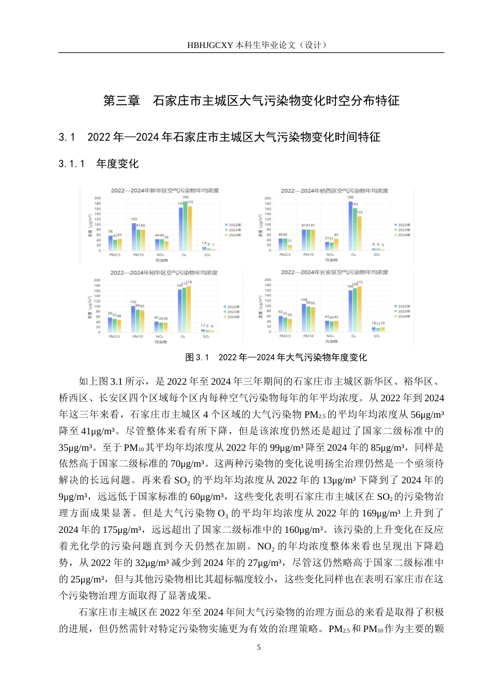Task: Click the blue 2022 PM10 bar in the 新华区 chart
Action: pos(133,237)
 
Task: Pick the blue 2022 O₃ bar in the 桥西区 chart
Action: pos(350,226)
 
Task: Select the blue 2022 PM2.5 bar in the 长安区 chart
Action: pos(281,324)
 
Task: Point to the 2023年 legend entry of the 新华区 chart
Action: pos(233,230)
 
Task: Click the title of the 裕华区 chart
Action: pos(164,273)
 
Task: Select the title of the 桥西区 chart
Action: pos(334,191)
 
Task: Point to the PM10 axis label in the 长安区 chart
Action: pos(308,336)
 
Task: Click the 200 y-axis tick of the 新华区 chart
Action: pos(97,198)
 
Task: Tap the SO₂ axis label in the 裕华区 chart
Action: pos(206,337)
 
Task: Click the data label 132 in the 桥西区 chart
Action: pos(360,212)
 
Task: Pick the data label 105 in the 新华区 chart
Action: pos(134,219)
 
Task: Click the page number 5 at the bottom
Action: pos(259,648)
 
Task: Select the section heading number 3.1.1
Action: pos(71,164)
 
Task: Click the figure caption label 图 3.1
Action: pos(197,357)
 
